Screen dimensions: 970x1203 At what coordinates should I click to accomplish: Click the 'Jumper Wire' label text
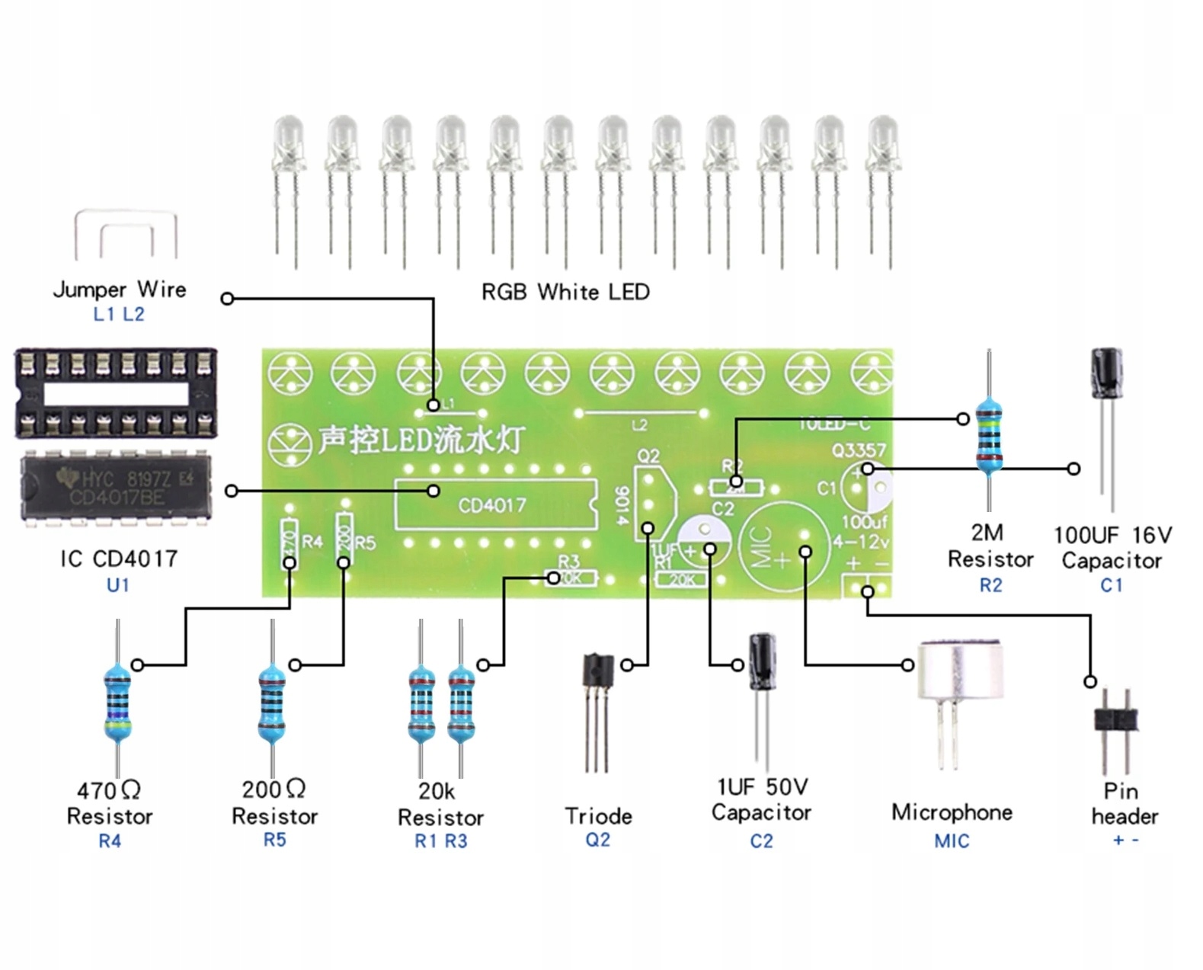coord(120,290)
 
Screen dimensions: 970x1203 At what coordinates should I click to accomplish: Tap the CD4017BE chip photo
coord(115,488)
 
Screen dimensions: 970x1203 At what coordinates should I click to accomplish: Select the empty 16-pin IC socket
coord(116,393)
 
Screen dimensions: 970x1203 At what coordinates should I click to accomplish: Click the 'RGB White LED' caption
coord(565,292)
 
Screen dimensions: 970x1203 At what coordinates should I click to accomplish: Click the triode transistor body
coord(597,671)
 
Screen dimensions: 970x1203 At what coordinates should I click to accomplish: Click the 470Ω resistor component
coord(117,701)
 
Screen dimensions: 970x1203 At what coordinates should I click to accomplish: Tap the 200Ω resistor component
coord(272,701)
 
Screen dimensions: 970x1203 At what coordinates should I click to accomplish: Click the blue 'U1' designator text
coord(118,585)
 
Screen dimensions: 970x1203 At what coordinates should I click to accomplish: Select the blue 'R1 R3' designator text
coord(440,841)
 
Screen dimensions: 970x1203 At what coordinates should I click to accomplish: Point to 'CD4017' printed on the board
coord(492,504)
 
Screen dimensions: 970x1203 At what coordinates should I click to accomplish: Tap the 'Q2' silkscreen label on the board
coord(648,456)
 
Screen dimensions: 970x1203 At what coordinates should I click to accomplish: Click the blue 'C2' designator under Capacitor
coord(761,841)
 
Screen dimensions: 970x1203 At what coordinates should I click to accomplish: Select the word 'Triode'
coord(598,816)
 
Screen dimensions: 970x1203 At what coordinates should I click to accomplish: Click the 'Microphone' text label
coord(952,812)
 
